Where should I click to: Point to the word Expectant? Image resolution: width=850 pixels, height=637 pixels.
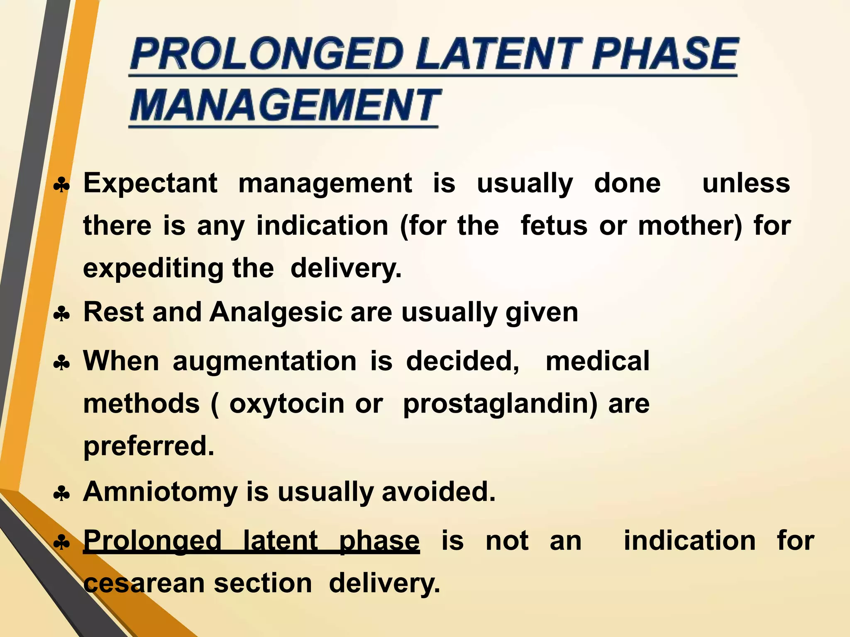coord(150,183)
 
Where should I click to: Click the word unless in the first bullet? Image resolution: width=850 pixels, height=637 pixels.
coord(746,183)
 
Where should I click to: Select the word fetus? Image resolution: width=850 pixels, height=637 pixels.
coord(554,226)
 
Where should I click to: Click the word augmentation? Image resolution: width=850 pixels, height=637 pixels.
coord(264,361)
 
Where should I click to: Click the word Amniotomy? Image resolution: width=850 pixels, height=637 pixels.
coord(160,492)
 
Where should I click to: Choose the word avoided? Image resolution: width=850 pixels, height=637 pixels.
coord(439,491)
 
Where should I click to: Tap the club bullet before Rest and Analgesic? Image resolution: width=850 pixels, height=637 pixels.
coord(62,315)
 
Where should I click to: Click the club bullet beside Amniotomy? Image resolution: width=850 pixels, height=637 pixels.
coord(62,494)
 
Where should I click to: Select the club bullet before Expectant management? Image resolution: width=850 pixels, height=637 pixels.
coord(62,186)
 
